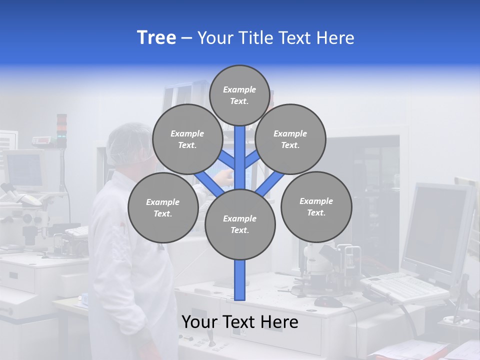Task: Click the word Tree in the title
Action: pyautogui.click(x=156, y=38)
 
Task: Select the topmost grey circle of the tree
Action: pyautogui.click(x=239, y=95)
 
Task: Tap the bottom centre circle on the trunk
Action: pyautogui.click(x=240, y=224)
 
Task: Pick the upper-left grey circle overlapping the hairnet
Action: pyautogui.click(x=187, y=139)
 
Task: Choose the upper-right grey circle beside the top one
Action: pyautogui.click(x=290, y=139)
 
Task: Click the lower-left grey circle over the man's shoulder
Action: pyautogui.click(x=163, y=208)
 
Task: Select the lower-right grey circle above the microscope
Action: pyautogui.click(x=316, y=207)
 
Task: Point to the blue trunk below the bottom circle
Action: pyautogui.click(x=240, y=280)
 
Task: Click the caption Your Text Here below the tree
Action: pyautogui.click(x=240, y=322)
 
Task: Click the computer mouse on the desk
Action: pyautogui.click(x=328, y=301)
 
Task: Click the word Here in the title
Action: pyautogui.click(x=335, y=38)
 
